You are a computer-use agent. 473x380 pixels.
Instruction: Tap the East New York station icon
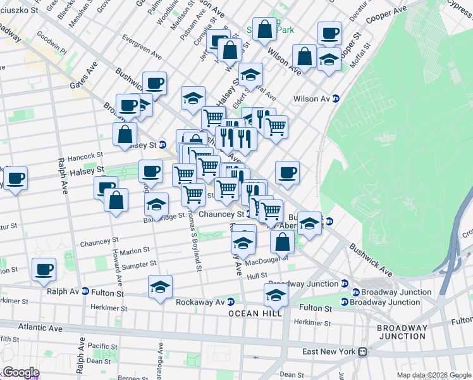click(x=363, y=352)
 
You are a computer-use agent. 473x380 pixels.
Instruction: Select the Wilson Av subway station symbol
click(x=336, y=99)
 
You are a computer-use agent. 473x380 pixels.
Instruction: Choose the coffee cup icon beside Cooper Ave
click(x=329, y=34)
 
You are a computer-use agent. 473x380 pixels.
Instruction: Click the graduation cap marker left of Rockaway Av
click(x=161, y=287)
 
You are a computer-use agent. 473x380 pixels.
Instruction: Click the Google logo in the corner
click(x=20, y=372)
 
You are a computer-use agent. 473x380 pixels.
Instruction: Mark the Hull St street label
click(x=257, y=276)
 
